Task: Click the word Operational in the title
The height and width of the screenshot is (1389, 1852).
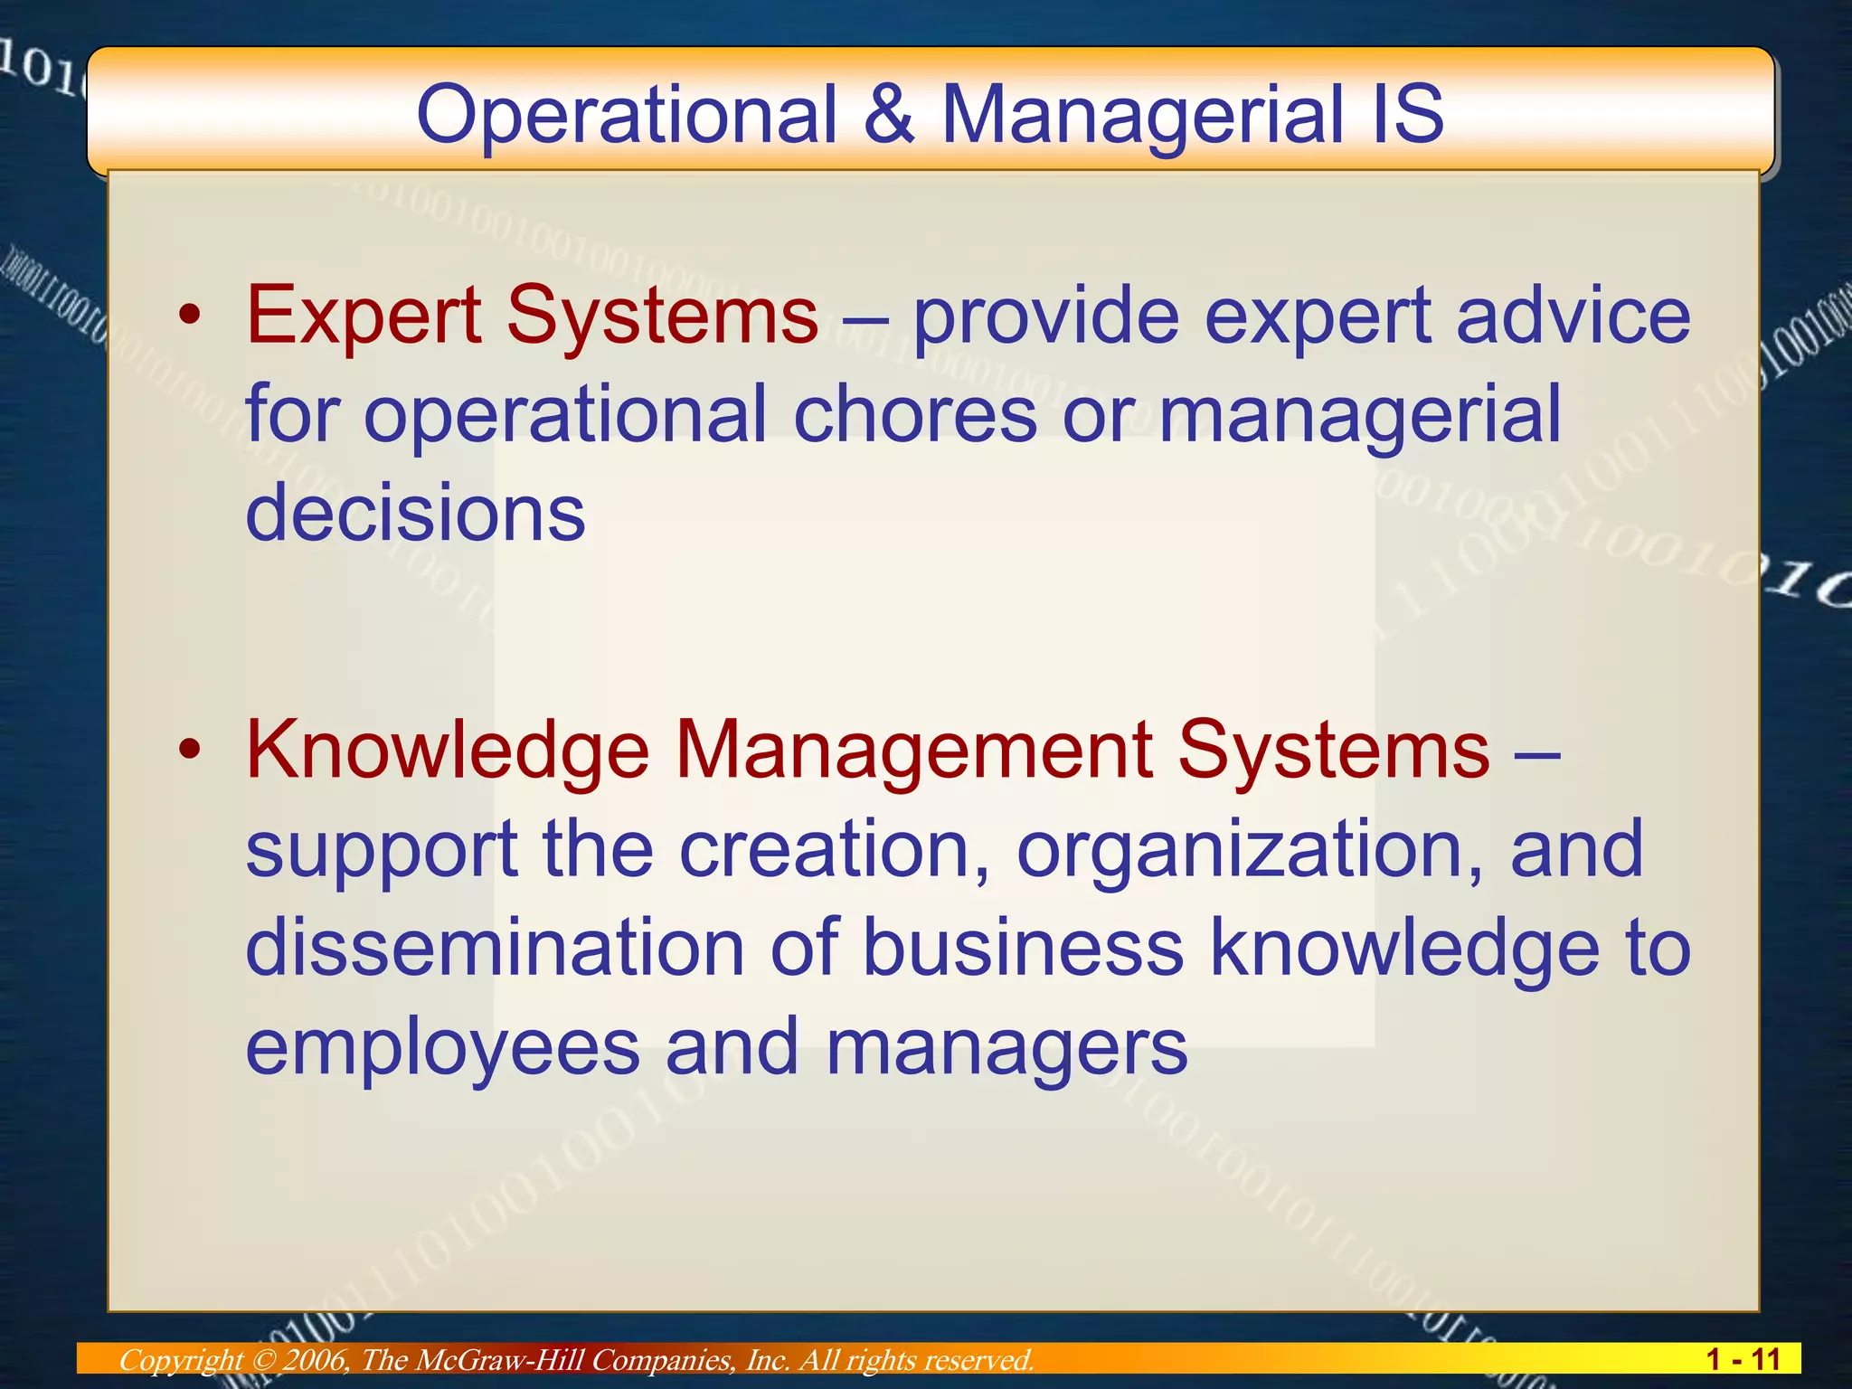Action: click(626, 116)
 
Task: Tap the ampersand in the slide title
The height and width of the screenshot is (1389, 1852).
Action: click(889, 114)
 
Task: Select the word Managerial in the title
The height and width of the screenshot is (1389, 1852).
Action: click(1142, 116)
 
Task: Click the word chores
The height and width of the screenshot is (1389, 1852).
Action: click(914, 413)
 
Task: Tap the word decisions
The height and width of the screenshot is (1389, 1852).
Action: click(415, 512)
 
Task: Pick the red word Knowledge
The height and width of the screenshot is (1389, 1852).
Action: click(448, 750)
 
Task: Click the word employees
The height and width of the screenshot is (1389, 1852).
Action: click(442, 1047)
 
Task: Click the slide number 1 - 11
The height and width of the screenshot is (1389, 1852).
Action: click(1743, 1359)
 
